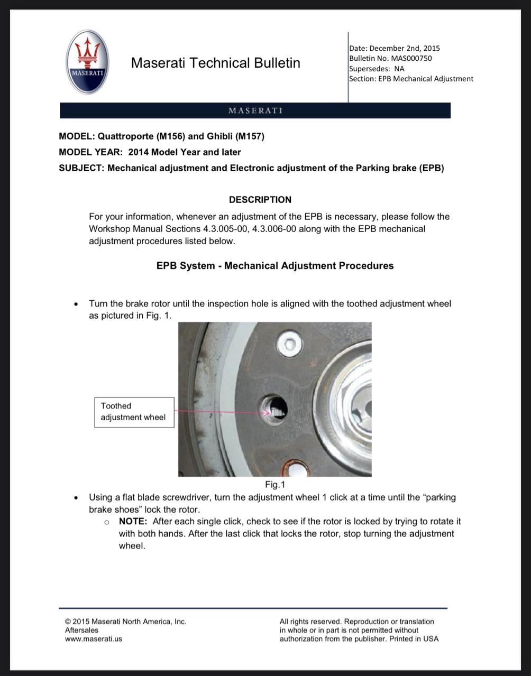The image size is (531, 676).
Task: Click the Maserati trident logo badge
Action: click(x=87, y=62)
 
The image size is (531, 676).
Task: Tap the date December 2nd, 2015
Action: click(x=405, y=48)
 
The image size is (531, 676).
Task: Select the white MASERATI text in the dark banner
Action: click(x=255, y=110)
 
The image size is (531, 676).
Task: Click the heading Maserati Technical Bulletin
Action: click(x=216, y=62)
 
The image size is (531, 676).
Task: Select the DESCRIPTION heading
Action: click(x=260, y=200)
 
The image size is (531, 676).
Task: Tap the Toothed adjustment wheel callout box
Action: click(x=134, y=412)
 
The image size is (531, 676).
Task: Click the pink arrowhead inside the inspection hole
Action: click(x=267, y=413)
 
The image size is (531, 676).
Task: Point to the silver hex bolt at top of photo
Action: click(x=290, y=344)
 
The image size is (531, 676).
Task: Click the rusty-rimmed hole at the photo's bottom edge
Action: click(x=295, y=469)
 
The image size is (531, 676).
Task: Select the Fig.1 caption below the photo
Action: click(x=275, y=484)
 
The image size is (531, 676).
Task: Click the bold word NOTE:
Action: click(x=133, y=521)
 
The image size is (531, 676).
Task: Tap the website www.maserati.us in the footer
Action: click(x=94, y=638)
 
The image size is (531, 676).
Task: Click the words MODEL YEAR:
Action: click(x=91, y=152)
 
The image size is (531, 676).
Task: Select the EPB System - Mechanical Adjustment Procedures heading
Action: click(x=275, y=266)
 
